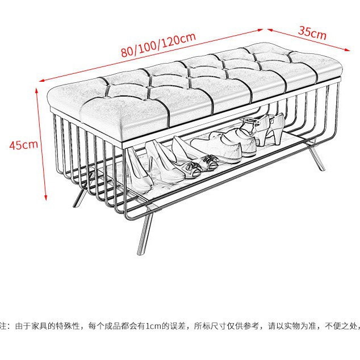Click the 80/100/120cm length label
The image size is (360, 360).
(x=158, y=44)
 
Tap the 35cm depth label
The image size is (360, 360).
(x=312, y=32)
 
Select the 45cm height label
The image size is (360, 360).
(x=23, y=144)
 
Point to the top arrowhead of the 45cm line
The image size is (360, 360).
(x=39, y=89)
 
